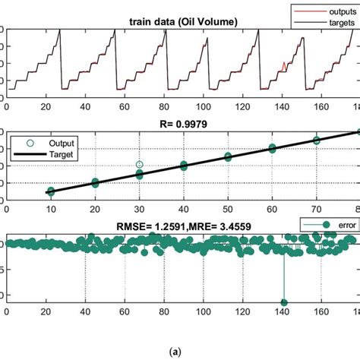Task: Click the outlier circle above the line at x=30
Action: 140,164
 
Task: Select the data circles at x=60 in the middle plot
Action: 273,150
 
